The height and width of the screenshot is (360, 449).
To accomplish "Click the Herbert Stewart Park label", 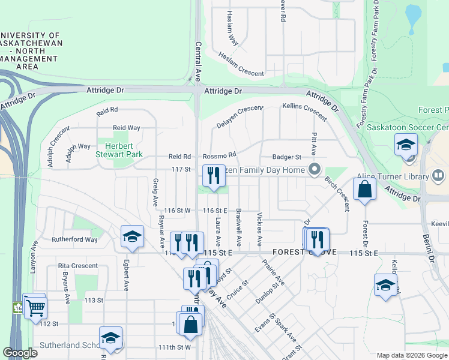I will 119,150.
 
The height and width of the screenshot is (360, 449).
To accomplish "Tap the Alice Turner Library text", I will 391,176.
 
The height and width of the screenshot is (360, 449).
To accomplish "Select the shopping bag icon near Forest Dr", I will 364,190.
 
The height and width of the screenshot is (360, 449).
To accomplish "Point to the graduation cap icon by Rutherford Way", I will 132,237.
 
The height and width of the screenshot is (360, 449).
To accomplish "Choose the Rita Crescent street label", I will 77,266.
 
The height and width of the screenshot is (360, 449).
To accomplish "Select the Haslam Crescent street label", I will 241,64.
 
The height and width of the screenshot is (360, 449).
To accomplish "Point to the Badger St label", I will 286,157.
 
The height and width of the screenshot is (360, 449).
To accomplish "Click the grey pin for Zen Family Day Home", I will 313,170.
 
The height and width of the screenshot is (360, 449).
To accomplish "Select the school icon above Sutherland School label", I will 110,338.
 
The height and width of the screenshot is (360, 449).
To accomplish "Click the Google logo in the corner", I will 20,353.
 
